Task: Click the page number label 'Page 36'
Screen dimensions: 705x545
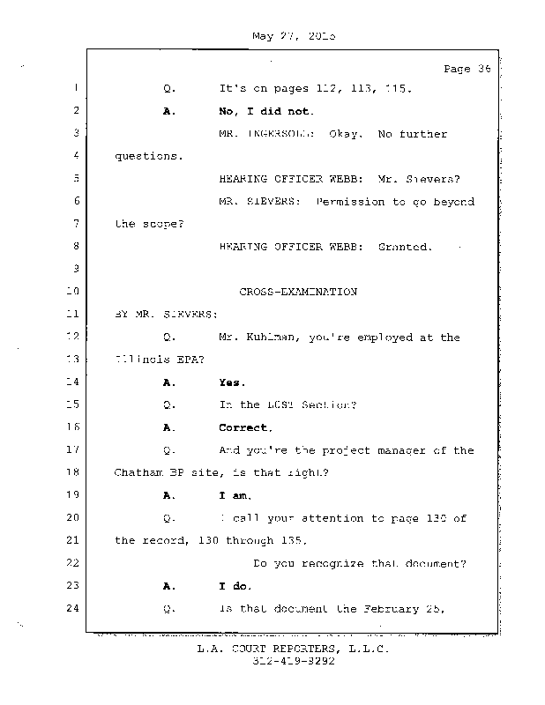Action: tap(467, 69)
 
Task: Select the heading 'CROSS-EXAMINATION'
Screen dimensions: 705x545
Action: tap(298, 292)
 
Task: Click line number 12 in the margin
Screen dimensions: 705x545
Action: tap(74, 337)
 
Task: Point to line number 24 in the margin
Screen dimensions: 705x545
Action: tap(74, 608)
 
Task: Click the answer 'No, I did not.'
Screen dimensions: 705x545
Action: tap(266, 111)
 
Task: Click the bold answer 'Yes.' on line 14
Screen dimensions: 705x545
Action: tap(232, 382)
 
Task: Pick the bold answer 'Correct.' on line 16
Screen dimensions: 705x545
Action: tap(245, 427)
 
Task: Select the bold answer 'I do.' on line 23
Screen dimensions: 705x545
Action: tap(235, 585)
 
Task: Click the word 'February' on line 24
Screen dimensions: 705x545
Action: tap(408, 608)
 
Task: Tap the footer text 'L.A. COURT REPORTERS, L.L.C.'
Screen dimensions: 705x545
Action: tap(292, 649)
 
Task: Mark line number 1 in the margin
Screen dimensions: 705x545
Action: tap(77, 88)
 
